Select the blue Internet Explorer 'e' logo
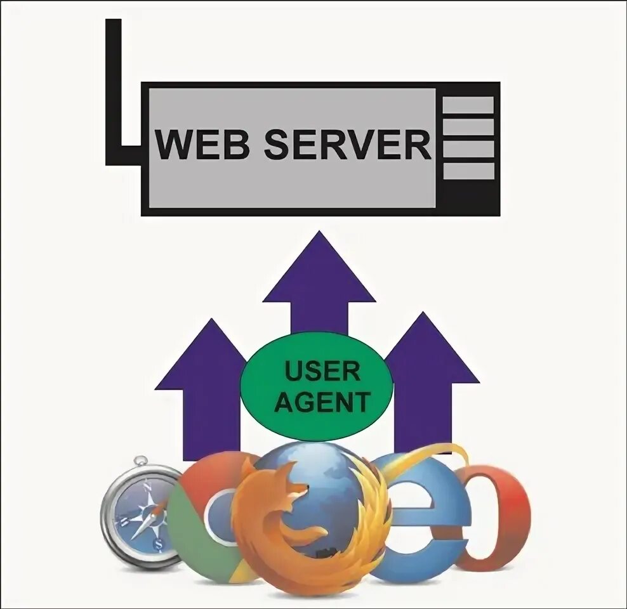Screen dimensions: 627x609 (422, 514)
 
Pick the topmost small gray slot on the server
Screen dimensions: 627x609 (468, 105)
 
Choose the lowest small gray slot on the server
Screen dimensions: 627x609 (468, 171)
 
